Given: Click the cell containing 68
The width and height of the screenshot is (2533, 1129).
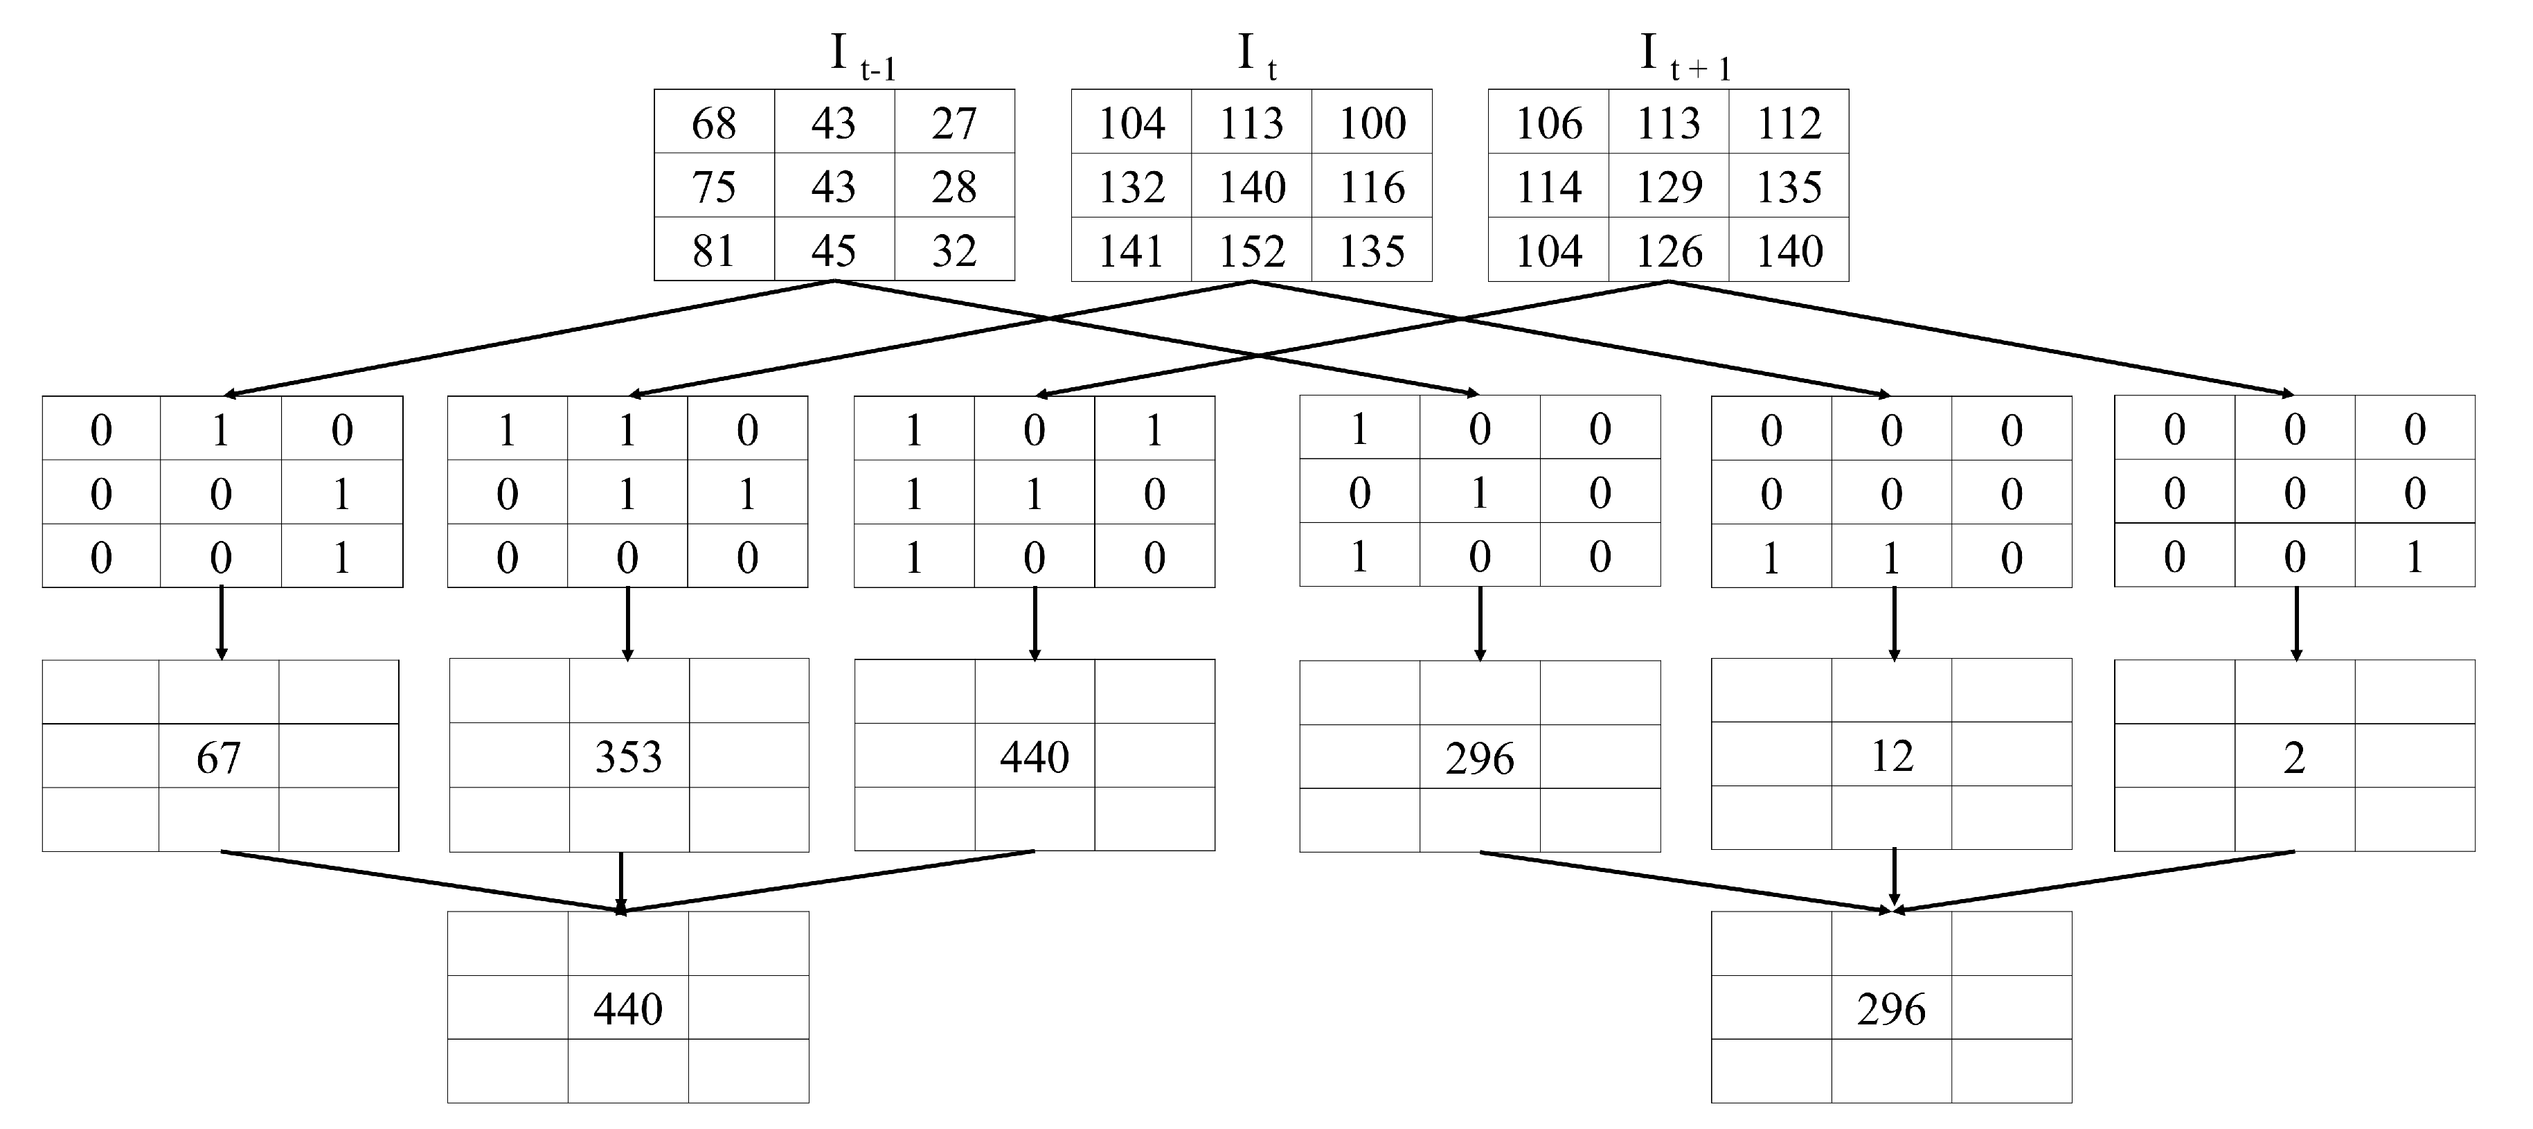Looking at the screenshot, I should coord(714,123).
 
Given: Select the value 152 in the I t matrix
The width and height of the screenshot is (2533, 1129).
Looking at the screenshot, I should coord(1252,251).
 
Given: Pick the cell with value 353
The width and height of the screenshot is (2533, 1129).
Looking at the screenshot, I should coord(628,756).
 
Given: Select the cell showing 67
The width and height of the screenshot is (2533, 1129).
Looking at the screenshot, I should coord(218,757).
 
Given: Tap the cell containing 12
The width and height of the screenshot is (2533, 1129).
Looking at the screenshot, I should coord(1892,755).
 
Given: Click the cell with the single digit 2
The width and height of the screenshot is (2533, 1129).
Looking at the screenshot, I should coord(2294,757).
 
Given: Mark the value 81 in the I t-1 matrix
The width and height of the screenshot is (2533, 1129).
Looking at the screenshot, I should coord(714,251).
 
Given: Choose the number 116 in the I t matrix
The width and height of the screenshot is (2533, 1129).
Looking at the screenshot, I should coord(1372,187).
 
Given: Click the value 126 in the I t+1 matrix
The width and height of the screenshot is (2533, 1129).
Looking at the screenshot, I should coord(1669,251).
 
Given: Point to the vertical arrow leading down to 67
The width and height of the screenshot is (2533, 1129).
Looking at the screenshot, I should coord(222,623).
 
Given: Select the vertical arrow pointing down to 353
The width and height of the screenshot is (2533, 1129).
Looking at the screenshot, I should coord(627,623).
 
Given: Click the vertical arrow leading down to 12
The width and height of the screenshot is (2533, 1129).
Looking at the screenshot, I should coord(1894,623).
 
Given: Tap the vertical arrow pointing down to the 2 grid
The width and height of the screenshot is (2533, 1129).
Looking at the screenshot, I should coord(2296,623).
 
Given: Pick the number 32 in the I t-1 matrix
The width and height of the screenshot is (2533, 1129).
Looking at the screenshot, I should coord(954,251).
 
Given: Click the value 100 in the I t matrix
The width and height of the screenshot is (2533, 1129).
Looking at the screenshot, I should coord(1372,123).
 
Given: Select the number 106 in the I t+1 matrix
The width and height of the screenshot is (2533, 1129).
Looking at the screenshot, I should coord(1549,123).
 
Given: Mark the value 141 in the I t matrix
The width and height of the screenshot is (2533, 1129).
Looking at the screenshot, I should coord(1131,251).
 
